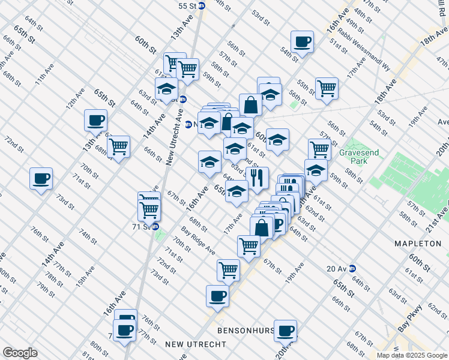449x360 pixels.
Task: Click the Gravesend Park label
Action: click(359, 157)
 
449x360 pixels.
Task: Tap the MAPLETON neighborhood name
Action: click(418, 244)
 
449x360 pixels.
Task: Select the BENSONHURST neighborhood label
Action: click(245, 331)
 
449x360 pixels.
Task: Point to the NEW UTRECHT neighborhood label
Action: click(196, 344)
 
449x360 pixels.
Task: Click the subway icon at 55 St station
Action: click(202, 5)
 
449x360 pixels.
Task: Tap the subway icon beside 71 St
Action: click(155, 226)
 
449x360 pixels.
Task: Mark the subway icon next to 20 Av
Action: click(352, 268)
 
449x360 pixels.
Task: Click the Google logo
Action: click(20, 352)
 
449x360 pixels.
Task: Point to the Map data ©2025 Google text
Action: click(412, 355)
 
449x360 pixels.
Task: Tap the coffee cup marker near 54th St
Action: click(302, 42)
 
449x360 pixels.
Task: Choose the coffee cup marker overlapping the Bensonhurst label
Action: click(285, 329)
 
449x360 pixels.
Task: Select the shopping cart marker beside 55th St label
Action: click(327, 88)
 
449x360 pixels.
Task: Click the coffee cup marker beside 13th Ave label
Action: click(95, 120)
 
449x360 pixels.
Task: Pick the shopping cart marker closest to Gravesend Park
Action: click(319, 148)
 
